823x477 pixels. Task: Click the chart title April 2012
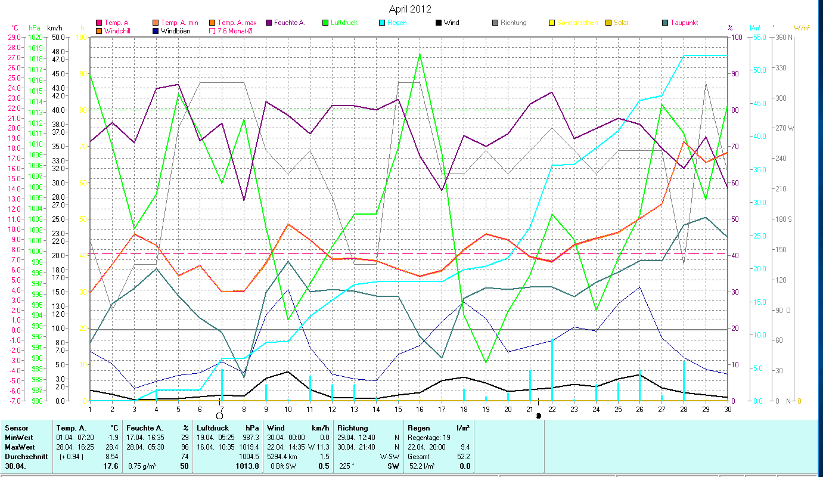410,9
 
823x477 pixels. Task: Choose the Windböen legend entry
175,31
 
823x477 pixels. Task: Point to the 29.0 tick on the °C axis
13,37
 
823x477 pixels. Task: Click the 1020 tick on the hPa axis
35,37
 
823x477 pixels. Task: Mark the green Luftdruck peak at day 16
420,54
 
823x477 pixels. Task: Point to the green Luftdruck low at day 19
486,362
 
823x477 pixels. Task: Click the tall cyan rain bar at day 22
552,370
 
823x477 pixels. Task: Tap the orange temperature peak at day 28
684,141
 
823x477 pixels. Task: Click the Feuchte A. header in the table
143,428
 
